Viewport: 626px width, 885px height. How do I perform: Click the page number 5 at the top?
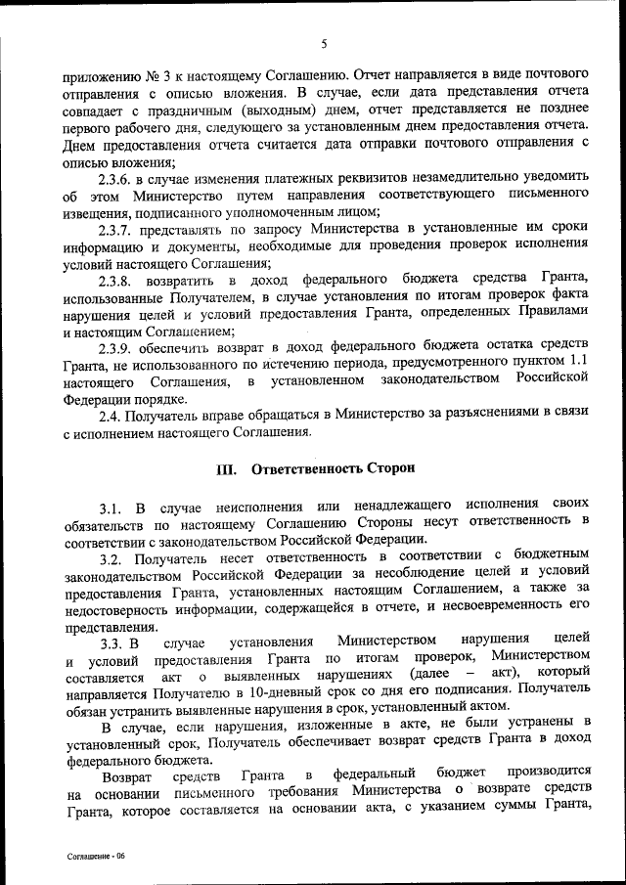(x=322, y=43)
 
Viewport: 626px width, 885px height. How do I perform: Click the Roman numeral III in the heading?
(x=226, y=468)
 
